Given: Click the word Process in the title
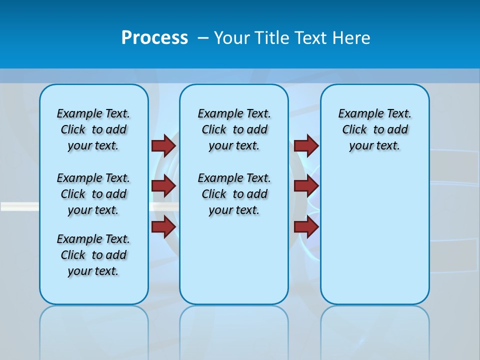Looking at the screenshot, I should (154, 37).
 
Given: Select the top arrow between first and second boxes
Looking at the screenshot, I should (163, 145).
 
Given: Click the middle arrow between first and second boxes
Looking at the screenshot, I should (163, 186).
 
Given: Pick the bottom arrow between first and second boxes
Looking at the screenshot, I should (163, 226).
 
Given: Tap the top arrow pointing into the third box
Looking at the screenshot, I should (306, 145).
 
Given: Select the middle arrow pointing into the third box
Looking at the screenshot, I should (306, 186).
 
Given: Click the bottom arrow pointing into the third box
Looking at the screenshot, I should (306, 226).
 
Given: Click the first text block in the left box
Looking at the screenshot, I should (93, 129).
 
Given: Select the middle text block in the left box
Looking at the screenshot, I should (93, 194).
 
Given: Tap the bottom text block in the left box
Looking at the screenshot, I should (93, 255).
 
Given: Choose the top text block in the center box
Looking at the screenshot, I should (234, 129).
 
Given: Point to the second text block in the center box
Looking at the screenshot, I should (234, 194).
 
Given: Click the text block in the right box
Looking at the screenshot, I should (374, 129).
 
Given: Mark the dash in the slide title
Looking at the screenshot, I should (203, 38).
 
